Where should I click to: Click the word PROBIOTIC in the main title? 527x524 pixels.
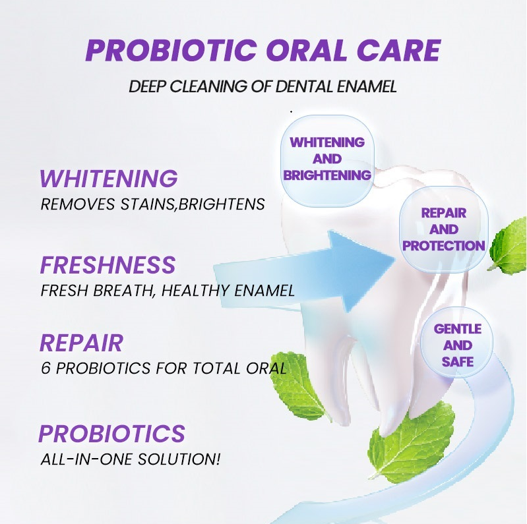[x=171, y=50]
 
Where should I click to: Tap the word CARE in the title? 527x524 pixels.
[x=398, y=50]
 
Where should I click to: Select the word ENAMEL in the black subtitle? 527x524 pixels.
[x=366, y=86]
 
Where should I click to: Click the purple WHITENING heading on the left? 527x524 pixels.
[x=109, y=178]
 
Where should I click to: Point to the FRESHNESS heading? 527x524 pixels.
[x=108, y=265]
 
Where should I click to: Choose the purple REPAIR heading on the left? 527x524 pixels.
[x=81, y=343]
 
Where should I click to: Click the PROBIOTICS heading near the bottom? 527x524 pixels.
[x=111, y=433]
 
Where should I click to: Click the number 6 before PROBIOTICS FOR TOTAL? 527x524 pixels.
[x=46, y=368]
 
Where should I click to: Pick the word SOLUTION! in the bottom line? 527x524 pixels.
[x=179, y=459]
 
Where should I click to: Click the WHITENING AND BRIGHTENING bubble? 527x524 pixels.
[x=327, y=161]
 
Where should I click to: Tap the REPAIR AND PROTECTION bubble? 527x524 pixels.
[x=444, y=229]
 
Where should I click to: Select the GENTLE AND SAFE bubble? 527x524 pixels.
[x=457, y=345]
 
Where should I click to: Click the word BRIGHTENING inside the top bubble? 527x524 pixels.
[x=327, y=175]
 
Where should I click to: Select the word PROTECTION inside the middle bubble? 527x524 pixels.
[x=444, y=246]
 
